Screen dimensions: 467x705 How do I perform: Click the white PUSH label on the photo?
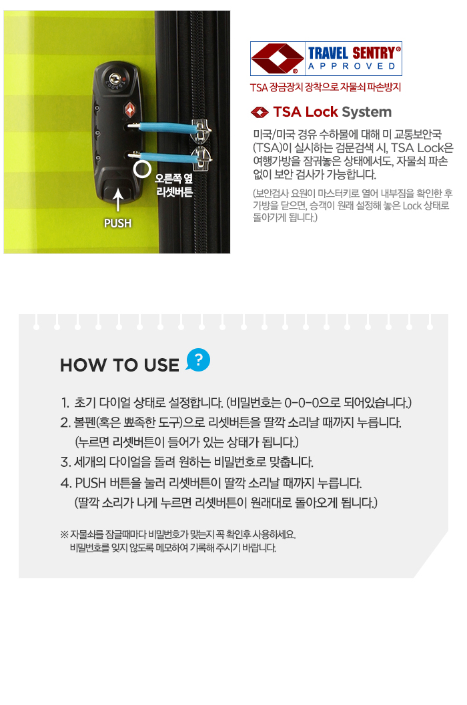point(117,223)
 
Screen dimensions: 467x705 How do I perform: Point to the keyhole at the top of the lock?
point(113,78)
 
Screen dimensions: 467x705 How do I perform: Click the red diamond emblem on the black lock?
point(130,109)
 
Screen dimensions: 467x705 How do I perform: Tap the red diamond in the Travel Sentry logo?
point(277,59)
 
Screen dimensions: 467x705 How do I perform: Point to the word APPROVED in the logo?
point(352,67)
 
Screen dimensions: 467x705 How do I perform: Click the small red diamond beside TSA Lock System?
point(260,112)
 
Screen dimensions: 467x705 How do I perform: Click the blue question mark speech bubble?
point(198,360)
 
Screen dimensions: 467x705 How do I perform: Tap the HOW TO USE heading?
point(119,365)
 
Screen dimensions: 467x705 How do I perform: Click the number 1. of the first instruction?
point(65,402)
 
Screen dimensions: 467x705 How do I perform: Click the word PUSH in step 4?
point(90,484)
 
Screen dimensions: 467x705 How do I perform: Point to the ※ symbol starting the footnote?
point(64,535)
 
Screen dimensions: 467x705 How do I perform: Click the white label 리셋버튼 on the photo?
point(175,192)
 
